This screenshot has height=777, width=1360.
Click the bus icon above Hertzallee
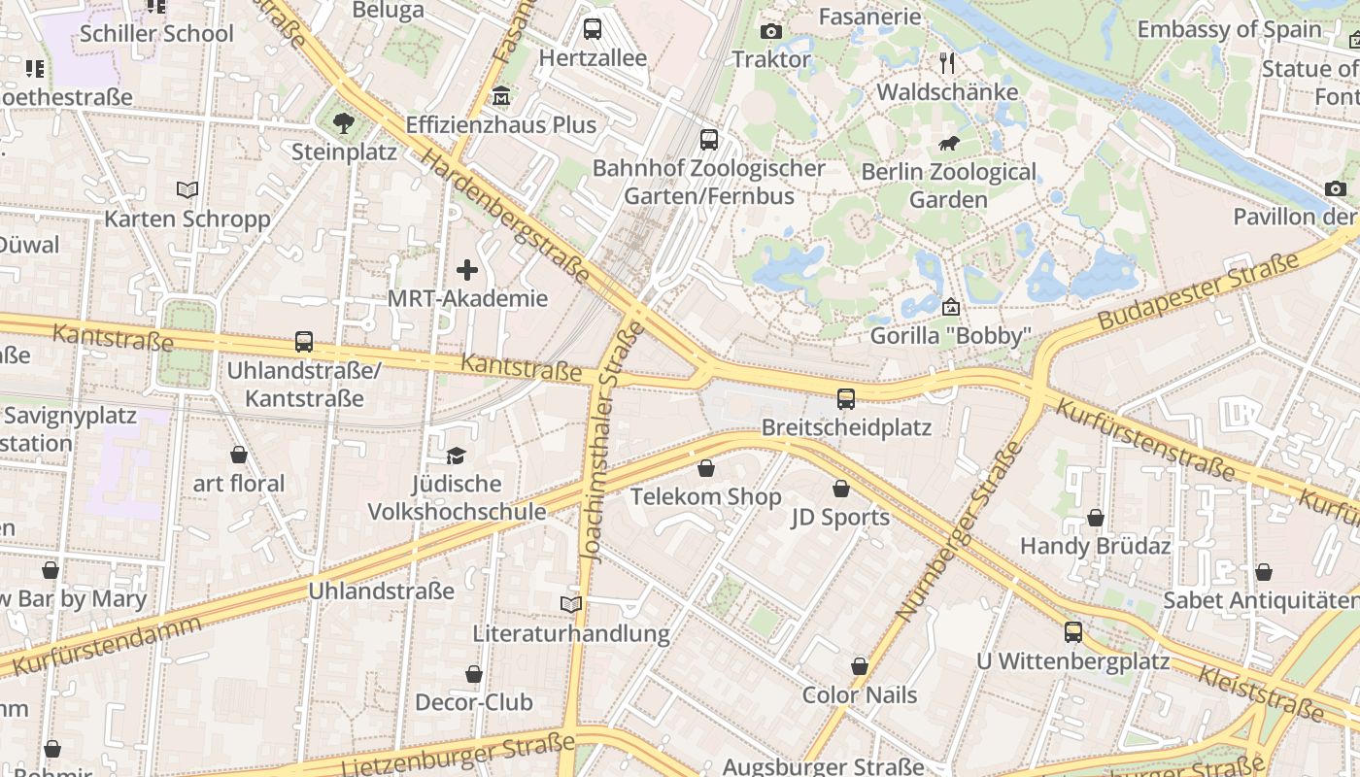[592, 29]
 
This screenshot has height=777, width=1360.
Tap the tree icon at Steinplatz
[343, 122]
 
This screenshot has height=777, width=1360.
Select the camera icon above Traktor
[771, 31]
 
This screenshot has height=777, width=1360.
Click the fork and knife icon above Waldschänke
[948, 63]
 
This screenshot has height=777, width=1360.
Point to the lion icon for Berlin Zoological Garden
[949, 144]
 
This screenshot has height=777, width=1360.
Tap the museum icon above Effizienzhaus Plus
[501, 96]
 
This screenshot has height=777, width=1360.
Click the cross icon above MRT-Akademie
[467, 270]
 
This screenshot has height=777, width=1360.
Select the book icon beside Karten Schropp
[187, 189]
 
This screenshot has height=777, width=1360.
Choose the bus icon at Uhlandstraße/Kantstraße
[304, 342]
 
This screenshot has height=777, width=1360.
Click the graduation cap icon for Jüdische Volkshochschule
[456, 455]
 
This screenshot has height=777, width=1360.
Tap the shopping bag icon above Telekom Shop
[706, 468]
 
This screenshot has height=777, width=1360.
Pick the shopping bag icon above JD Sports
[840, 489]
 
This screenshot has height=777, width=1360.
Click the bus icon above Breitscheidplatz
[846, 398]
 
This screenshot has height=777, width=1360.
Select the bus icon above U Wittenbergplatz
[1072, 632]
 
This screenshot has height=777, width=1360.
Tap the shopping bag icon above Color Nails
[860, 666]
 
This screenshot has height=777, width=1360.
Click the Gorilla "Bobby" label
[950, 336]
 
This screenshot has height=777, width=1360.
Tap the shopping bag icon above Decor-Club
[474, 673]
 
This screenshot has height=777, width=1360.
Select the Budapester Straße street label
[1198, 291]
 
